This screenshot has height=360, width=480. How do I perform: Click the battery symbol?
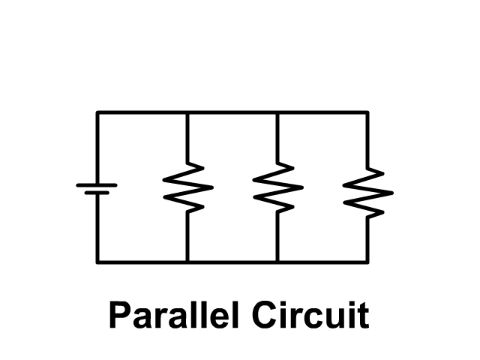[x=97, y=187]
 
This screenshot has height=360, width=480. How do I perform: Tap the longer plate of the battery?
[x=97, y=183]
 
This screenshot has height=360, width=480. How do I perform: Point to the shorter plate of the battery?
[x=97, y=193]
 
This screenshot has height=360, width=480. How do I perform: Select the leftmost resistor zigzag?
[x=187, y=187]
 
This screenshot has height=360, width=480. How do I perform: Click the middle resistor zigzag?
[x=277, y=187]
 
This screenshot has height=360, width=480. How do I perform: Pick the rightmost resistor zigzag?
[x=367, y=192]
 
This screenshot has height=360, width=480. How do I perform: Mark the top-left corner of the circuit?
[x=97, y=112]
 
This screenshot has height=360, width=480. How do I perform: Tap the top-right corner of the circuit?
[x=367, y=112]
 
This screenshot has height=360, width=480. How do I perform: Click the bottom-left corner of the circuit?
[x=97, y=262]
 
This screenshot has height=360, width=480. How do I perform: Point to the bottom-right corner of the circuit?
[x=367, y=262]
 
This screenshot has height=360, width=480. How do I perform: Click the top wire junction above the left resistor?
[x=187, y=112]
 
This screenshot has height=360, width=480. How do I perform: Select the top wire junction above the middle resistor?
[x=277, y=112]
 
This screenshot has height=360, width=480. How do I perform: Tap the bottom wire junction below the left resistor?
[x=187, y=262]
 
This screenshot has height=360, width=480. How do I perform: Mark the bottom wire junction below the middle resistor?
[x=277, y=262]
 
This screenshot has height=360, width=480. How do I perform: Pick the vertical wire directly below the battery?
[x=97, y=228]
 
